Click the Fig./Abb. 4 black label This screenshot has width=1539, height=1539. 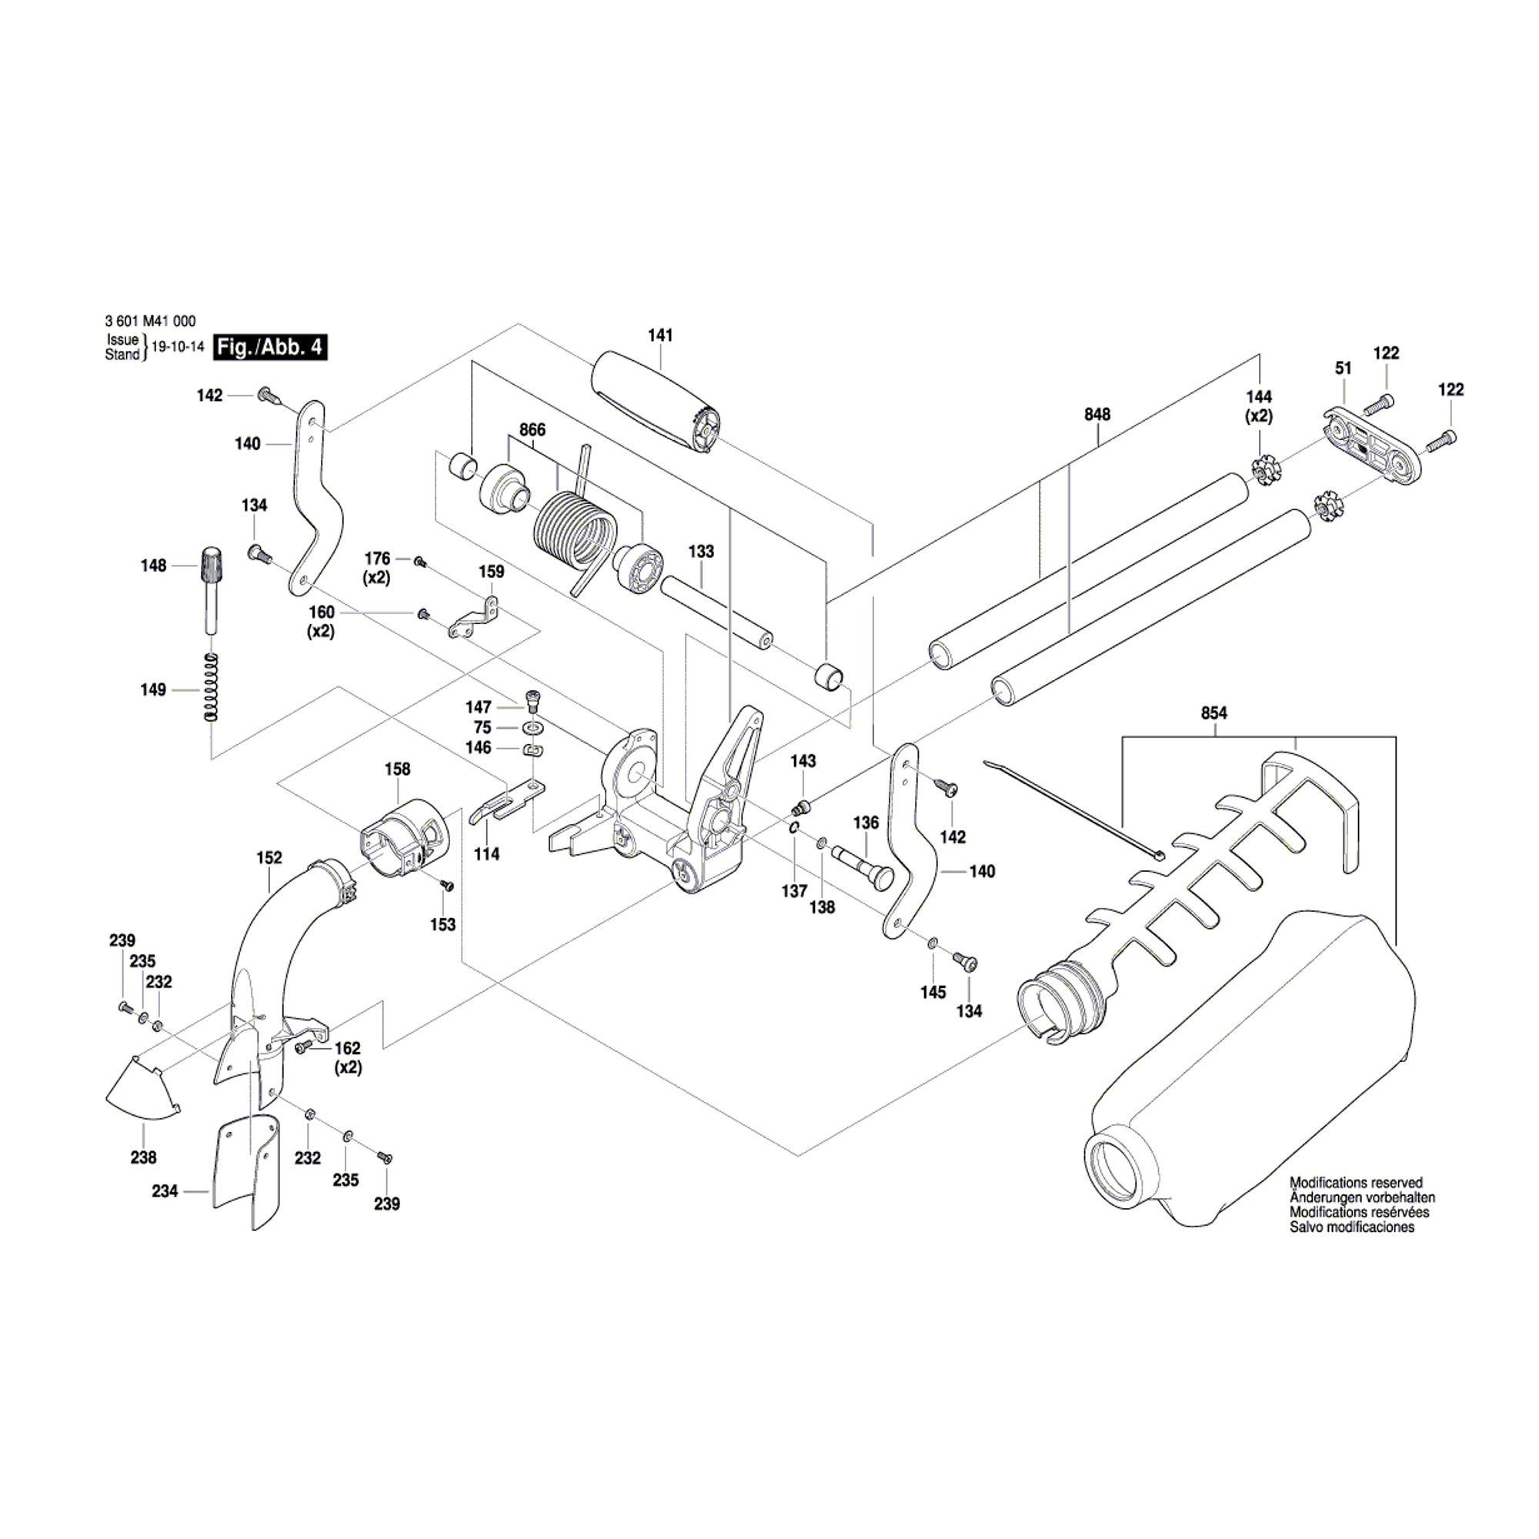click(271, 347)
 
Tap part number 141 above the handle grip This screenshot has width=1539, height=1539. click(660, 336)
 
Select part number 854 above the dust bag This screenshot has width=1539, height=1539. click(1214, 713)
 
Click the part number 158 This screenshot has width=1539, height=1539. click(397, 769)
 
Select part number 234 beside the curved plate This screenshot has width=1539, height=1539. click(165, 1192)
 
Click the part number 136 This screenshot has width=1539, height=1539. click(866, 823)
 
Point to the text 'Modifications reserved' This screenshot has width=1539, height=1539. click(1356, 1183)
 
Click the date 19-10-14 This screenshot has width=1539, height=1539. click(178, 347)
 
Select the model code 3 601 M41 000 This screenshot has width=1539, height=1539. click(150, 322)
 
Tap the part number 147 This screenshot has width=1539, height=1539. click(479, 706)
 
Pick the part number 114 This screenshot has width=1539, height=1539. click(487, 854)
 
